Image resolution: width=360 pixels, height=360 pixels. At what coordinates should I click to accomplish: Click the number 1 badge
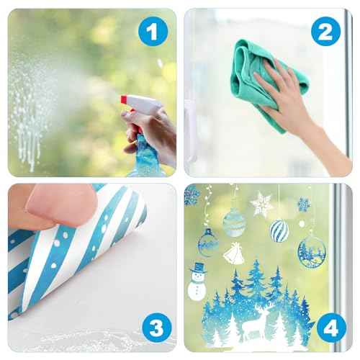pos(151,31)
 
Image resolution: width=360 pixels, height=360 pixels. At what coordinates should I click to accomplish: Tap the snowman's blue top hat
pos(198,267)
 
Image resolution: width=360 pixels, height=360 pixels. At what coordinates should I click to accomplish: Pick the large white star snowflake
pos(261,204)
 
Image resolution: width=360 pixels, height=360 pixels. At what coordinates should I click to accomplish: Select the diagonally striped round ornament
pos(279,231)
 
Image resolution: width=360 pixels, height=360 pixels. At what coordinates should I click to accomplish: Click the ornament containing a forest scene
pos(312,251)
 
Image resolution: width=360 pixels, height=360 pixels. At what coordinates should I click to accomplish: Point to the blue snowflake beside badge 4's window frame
pos(304,204)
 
